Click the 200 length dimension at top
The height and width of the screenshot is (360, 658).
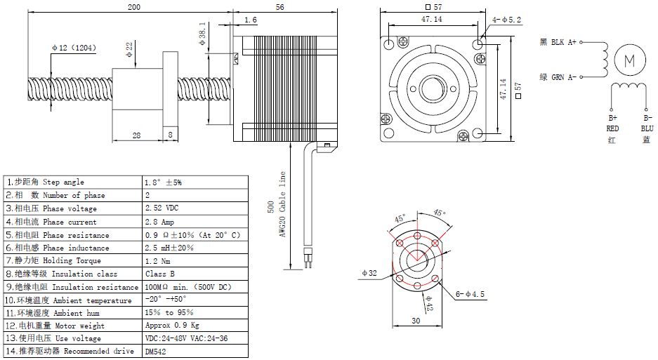pyautogui.click(x=134, y=7)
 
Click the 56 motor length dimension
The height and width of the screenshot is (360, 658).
pyautogui.click(x=280, y=7)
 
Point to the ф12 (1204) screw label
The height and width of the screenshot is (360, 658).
pyautogui.click(x=74, y=48)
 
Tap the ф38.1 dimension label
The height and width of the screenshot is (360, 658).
pyautogui.click(x=202, y=34)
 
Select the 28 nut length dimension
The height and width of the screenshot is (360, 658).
pyautogui.click(x=136, y=135)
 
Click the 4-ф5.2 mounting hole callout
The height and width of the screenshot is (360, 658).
pyautogui.click(x=506, y=20)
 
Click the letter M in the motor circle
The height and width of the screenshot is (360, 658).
pyautogui.click(x=629, y=61)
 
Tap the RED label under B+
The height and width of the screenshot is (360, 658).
pyautogui.click(x=612, y=128)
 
